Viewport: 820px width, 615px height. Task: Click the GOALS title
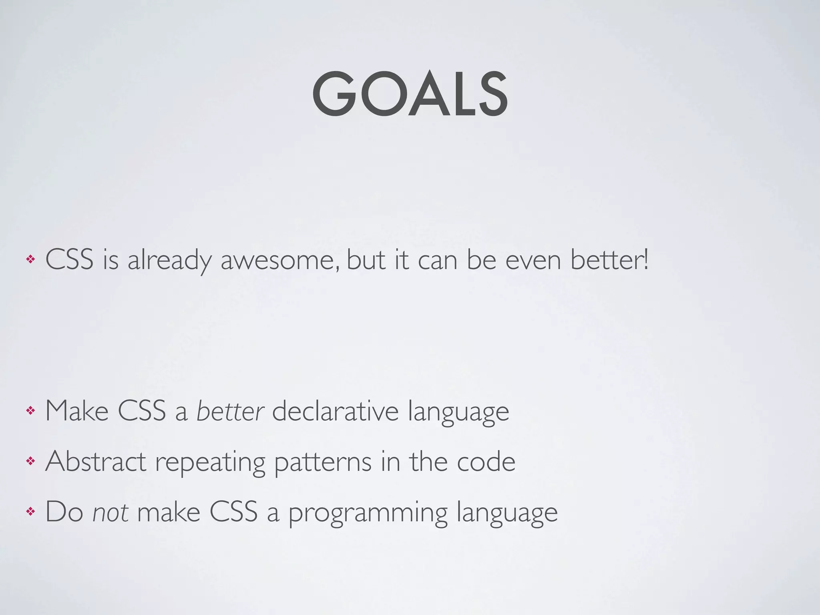(x=410, y=94)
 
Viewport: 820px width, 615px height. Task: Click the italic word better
(x=230, y=411)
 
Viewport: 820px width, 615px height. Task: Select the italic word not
(x=111, y=512)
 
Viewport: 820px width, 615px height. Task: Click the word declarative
(x=335, y=411)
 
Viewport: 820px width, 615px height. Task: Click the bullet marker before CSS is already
(x=30, y=260)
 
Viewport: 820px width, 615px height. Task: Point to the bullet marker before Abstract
(x=30, y=461)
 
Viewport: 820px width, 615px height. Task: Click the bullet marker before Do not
(x=30, y=512)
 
